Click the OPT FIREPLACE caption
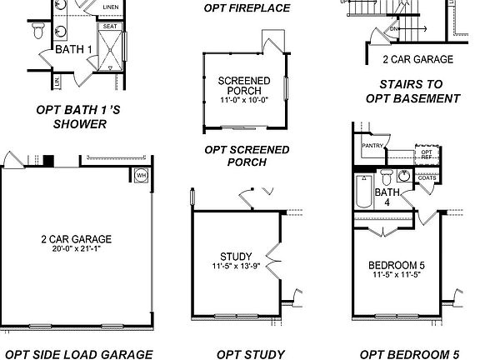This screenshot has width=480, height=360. pos(247,8)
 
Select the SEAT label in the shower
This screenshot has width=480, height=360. pos(110,27)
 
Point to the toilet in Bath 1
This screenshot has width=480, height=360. pos(38,32)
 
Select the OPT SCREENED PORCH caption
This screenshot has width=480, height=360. pos(247,156)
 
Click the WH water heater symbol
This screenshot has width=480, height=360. pos(141,176)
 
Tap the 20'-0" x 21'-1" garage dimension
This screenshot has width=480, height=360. pos(76,248)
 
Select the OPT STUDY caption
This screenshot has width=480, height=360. pos(251,353)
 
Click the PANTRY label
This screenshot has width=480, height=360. pos(372,147)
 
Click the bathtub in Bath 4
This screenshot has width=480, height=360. pos(363,193)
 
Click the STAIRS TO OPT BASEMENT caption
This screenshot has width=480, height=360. pos(419,91)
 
